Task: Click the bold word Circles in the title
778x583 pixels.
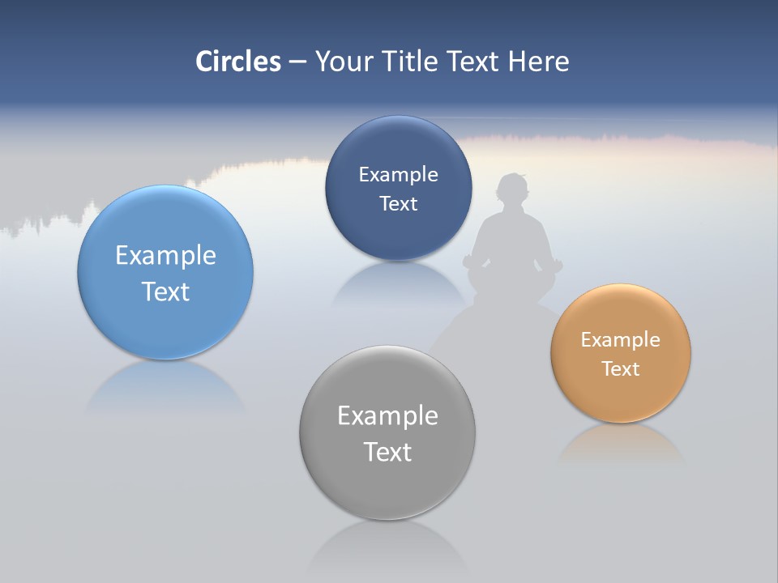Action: [238, 62]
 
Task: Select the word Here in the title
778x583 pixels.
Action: [539, 62]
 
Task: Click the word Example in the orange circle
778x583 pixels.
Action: [620, 340]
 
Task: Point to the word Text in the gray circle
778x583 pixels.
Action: [387, 452]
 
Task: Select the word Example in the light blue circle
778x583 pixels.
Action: [165, 256]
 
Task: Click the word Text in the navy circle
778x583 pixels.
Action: [398, 204]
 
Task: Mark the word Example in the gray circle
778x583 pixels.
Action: [387, 416]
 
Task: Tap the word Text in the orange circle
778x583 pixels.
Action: [620, 369]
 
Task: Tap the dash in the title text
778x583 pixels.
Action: [297, 62]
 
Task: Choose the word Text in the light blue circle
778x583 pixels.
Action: [165, 291]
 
